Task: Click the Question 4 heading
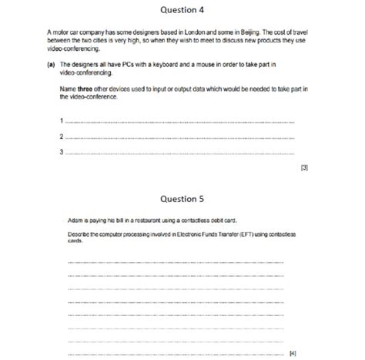pos(182,10)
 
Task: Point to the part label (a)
pos(50,65)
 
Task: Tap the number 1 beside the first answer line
pos(61,121)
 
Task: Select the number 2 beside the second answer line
pos(61,136)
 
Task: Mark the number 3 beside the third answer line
pos(61,152)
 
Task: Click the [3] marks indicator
pos(304,167)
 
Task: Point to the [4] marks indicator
pos(293,353)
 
